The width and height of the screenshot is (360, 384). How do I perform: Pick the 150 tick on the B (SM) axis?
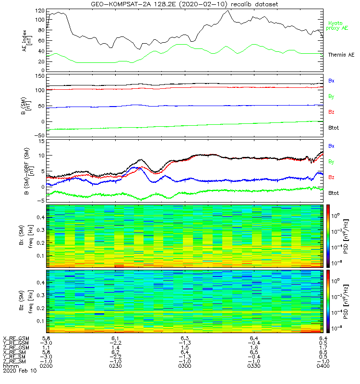(x=39, y=76)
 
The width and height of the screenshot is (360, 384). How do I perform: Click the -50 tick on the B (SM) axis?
(x=39, y=135)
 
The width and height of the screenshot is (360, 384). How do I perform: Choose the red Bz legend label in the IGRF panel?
(x=331, y=178)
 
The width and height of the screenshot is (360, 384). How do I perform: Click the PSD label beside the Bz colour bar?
(x=346, y=301)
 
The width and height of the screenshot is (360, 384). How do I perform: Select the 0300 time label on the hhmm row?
(x=185, y=366)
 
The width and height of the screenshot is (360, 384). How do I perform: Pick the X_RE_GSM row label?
(x=16, y=338)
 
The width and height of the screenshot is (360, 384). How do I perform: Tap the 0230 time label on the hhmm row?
(x=115, y=366)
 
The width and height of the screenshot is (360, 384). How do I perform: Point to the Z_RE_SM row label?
(x=15, y=361)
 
